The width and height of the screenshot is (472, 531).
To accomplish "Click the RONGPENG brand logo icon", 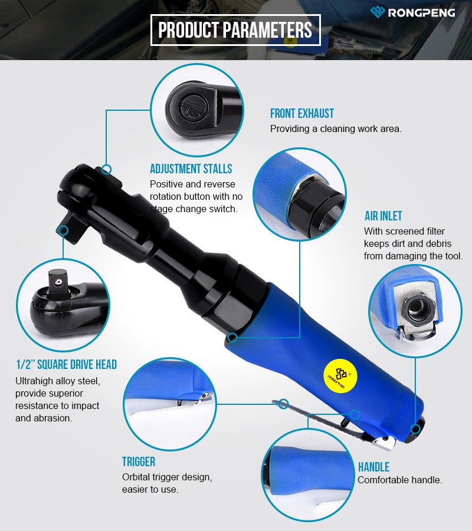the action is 378,12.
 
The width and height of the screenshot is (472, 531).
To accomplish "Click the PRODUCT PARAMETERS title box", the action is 235,30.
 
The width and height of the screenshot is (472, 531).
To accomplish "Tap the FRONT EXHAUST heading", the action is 301,113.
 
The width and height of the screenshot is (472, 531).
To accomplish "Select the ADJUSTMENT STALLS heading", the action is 191,169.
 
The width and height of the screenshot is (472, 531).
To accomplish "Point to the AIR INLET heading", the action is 383,216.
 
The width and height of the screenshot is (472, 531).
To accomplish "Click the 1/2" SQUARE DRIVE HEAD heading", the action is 67,364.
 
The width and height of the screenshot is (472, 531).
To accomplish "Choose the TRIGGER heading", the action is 139,461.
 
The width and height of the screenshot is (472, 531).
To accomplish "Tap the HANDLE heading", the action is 373,467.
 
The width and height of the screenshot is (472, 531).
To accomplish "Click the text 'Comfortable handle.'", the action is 400,480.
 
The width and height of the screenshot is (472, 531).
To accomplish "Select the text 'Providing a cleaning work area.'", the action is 336,129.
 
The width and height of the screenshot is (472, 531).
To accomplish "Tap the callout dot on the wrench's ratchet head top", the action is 106,169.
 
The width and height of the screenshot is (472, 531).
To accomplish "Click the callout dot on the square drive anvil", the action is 63,230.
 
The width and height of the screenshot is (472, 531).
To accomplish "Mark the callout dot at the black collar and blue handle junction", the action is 232,337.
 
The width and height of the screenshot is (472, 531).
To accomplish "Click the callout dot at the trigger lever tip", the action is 284,404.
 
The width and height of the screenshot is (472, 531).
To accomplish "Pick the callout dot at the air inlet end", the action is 415,430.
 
